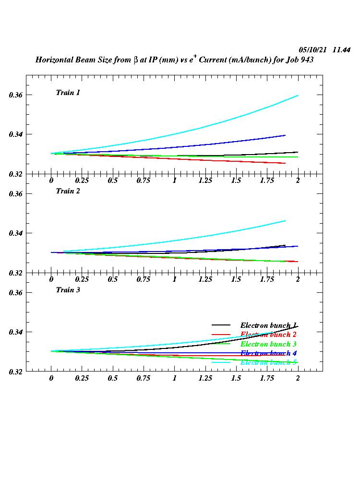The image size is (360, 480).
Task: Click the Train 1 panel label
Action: [x=68, y=93]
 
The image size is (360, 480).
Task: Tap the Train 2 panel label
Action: [x=68, y=191]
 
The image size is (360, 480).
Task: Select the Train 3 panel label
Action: [x=68, y=290]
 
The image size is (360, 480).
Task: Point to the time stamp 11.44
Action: [x=341, y=50]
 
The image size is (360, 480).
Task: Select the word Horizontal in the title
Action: [x=53, y=60]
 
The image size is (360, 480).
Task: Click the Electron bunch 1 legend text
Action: [x=268, y=325]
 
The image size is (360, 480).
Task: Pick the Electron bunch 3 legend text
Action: [x=268, y=344]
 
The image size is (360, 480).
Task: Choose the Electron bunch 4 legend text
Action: [x=268, y=353]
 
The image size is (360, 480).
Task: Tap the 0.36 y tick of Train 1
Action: [x=16, y=95]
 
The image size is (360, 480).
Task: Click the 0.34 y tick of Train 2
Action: [x=16, y=233]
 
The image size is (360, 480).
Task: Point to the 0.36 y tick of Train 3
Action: [x=16, y=293]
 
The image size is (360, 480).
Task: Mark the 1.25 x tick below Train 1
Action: [x=205, y=180]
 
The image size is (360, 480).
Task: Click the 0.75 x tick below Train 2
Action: [x=144, y=279]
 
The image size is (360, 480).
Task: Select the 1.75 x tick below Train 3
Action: [x=267, y=378]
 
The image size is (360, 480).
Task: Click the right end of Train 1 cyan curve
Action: [x=298, y=96]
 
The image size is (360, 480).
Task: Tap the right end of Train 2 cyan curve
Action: [x=285, y=221]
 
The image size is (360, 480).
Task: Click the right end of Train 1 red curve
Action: [x=285, y=163]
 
